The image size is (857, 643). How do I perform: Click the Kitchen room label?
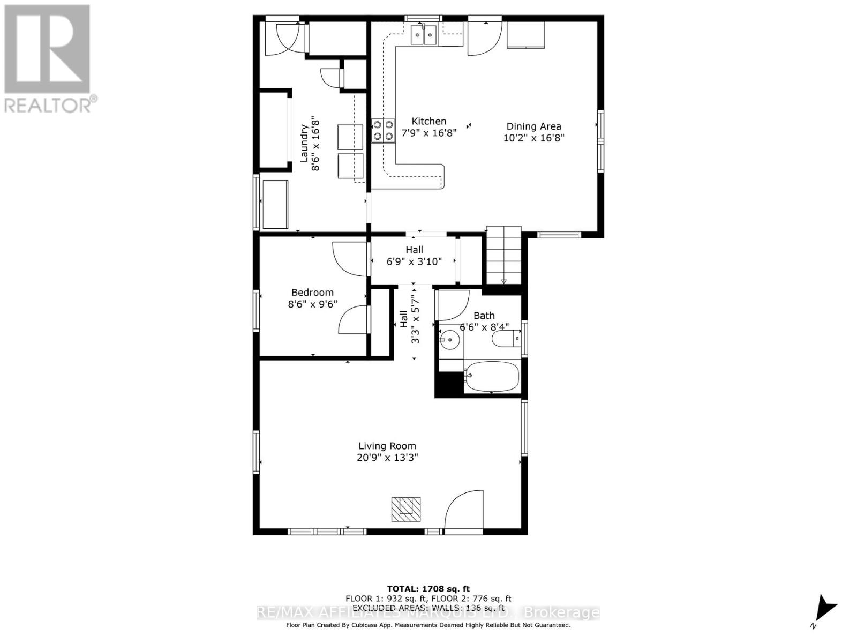point(428,121)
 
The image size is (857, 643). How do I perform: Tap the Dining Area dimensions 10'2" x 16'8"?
point(533,138)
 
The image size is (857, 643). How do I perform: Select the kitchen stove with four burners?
point(383,130)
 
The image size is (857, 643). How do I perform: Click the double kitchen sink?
point(424,36)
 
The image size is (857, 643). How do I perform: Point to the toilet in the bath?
point(506,339)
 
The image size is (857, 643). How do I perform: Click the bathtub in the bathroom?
point(492,377)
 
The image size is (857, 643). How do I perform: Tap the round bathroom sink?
point(449,339)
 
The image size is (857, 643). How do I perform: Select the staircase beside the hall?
point(503,256)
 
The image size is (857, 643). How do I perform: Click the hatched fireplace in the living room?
point(405,509)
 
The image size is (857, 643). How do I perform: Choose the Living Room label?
point(387,446)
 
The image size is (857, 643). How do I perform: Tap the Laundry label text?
point(304,143)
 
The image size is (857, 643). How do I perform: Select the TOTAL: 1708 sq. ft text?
point(428,589)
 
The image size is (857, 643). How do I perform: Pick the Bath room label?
point(484,316)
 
